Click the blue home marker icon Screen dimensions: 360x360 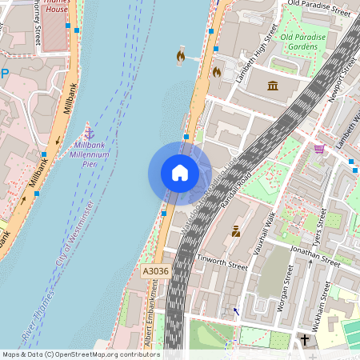pyautogui.click(x=180, y=173)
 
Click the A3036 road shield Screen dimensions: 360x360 pyautogui.click(x=156, y=272)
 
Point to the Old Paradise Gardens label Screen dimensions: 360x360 pyautogui.click(x=310, y=42)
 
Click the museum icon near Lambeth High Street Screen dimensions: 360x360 pyautogui.click(x=273, y=86)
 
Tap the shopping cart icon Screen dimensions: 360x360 pyautogui.click(x=319, y=149)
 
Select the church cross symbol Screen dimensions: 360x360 pyautogui.click(x=305, y=340)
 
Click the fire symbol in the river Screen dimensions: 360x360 pyautogui.click(x=180, y=57)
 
